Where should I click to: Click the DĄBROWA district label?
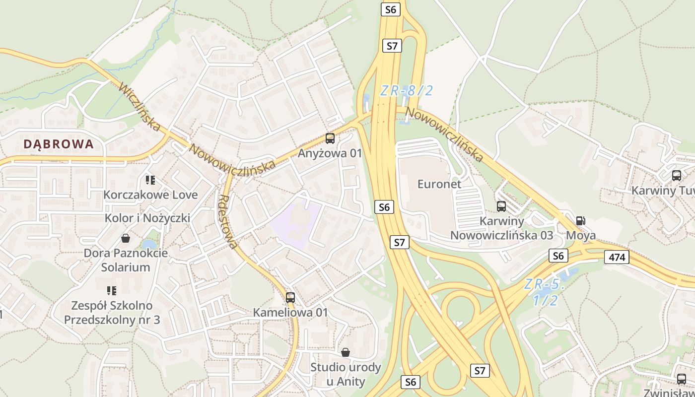59,144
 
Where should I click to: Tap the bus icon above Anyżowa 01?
330,138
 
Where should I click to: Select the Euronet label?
439,184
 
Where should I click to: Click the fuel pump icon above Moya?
580,221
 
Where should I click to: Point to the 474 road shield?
617,257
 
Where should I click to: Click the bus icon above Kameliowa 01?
290,298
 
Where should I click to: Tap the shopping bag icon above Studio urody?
346,352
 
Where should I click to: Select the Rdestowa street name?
228,221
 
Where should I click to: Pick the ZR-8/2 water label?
407,91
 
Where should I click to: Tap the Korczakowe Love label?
150,195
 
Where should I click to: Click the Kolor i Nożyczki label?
147,218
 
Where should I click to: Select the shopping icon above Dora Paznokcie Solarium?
126,239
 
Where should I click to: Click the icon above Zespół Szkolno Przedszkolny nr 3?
112,291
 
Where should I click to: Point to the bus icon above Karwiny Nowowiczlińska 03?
501,206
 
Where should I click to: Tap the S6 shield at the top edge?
391,9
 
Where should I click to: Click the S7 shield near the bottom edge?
479,370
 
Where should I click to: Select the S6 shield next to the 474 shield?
558,256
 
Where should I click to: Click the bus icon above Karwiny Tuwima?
676,175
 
